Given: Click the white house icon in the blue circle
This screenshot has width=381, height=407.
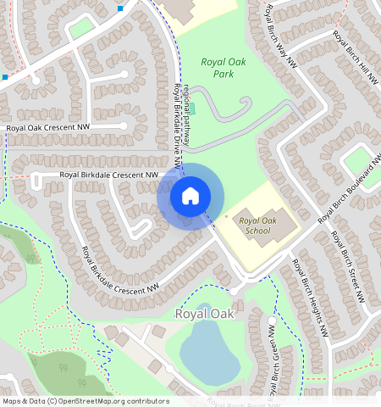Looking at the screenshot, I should tap(190, 196).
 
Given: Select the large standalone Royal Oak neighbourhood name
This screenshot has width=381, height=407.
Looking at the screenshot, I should tap(203, 314).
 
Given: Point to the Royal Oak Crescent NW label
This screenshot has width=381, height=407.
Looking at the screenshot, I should tap(47, 128).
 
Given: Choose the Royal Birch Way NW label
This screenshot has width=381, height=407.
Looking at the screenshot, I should tap(281, 36).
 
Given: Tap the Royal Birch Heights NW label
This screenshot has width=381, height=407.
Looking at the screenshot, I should tap(308, 296).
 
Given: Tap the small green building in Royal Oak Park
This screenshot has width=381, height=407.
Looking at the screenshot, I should tap(191, 108).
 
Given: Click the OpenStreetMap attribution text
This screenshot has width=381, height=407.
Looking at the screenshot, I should tap(86, 401).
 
